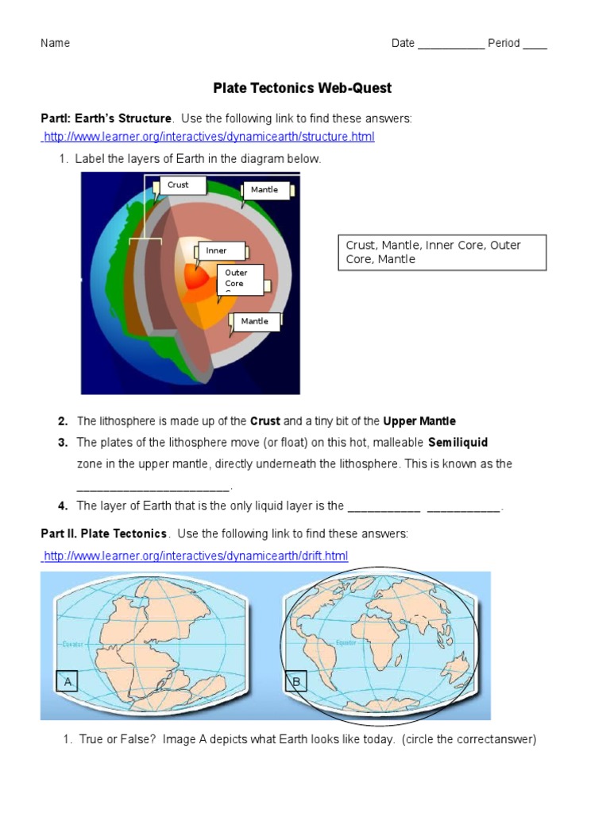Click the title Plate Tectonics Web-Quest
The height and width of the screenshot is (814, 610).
coord(302,87)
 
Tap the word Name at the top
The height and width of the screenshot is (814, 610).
coord(56,43)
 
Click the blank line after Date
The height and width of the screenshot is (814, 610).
coord(450,45)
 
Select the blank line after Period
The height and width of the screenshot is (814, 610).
coord(535,45)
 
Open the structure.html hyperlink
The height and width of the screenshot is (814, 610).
coord(209,137)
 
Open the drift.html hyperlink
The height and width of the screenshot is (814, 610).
coord(195,555)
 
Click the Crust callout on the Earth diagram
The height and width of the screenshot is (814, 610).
coord(182,185)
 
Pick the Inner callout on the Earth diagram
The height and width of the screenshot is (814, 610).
coord(222,251)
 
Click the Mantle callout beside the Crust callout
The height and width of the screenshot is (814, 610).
coord(268,190)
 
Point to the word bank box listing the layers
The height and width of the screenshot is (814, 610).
coord(442,252)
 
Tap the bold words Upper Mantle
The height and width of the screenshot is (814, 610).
coord(419,421)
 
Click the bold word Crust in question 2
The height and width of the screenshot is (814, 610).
coord(265,421)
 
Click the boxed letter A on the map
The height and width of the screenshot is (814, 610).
coord(68,681)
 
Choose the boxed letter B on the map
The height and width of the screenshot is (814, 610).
coord(296,681)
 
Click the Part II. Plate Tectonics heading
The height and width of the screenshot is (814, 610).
coord(104,533)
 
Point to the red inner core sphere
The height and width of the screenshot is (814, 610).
coord(195,277)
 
